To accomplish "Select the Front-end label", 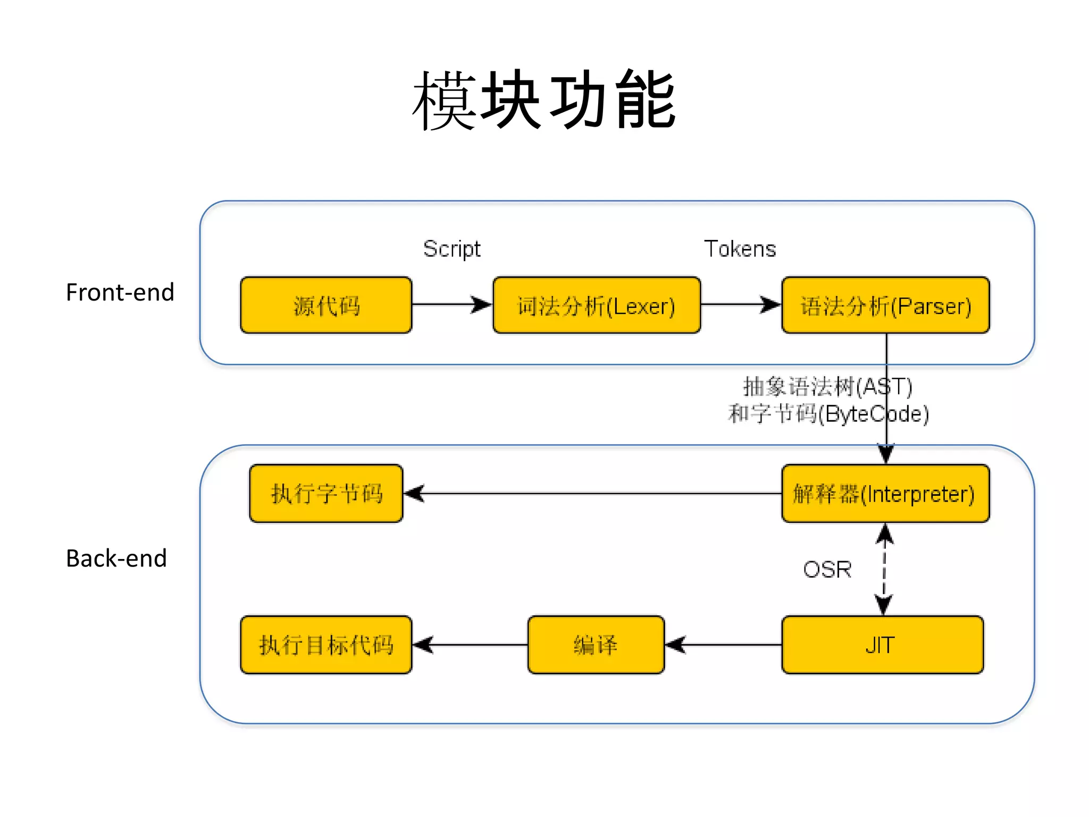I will (x=120, y=293).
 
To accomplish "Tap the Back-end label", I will (x=116, y=558).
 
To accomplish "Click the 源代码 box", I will (x=326, y=305).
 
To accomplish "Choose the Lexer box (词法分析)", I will (x=597, y=305).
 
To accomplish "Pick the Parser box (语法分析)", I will (x=885, y=305).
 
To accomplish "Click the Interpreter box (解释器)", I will (x=885, y=494).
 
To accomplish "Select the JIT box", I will (x=882, y=645).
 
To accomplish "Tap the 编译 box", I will (x=596, y=645).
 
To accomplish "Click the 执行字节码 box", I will (x=326, y=494).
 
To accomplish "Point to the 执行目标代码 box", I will (x=326, y=645).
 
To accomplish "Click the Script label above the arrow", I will (x=451, y=249).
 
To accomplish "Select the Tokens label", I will (x=740, y=249).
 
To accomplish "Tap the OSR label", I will (x=827, y=570).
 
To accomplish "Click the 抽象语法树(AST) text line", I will (x=827, y=387).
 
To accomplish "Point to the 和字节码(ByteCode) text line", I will (x=828, y=414).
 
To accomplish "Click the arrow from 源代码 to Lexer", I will (x=452, y=305).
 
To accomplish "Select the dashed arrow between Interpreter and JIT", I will (x=884, y=569).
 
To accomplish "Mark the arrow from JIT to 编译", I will (x=723, y=645).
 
